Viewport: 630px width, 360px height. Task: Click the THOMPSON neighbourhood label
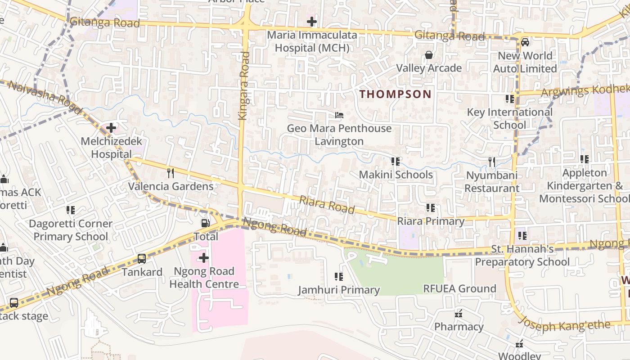395,94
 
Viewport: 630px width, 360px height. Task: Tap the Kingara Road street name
244,85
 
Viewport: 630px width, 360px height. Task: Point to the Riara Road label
327,205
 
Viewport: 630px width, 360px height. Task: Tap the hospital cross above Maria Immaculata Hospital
312,22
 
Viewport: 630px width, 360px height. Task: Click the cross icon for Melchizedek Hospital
111,128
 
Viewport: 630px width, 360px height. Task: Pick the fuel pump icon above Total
205,223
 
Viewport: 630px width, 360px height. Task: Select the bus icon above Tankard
142,258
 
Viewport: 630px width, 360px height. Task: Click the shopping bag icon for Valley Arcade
429,55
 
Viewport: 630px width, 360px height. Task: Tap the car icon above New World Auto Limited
525,42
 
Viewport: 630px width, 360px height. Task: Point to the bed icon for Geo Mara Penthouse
339,115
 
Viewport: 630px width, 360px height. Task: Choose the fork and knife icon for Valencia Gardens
171,173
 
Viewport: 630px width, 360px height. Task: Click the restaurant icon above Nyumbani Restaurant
492,162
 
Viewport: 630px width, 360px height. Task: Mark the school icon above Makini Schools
396,161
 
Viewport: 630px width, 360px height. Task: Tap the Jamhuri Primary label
339,290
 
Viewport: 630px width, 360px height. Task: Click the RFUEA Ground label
459,288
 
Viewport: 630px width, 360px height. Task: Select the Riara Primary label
431,221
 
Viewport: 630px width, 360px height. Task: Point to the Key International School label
509,118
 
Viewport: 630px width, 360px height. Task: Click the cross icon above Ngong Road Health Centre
204,258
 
